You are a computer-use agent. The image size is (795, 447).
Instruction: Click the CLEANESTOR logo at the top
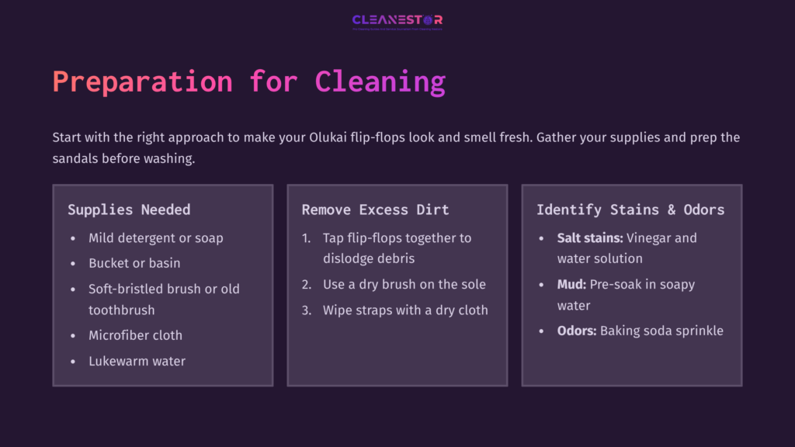[397, 20]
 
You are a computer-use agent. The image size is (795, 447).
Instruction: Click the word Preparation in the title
[142, 81]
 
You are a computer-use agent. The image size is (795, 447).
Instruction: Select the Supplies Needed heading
[129, 210]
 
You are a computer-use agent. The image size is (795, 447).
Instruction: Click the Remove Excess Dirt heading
[375, 210]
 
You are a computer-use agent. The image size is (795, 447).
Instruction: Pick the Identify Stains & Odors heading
[630, 210]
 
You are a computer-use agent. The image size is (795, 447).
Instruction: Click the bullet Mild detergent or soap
[155, 238]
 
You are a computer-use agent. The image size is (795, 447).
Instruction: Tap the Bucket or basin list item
[134, 263]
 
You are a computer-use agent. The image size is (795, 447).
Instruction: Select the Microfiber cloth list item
[135, 335]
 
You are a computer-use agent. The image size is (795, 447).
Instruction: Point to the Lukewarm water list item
[137, 361]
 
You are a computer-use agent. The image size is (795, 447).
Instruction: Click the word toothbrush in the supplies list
[122, 310]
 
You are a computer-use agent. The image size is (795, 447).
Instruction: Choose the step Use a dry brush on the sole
[404, 284]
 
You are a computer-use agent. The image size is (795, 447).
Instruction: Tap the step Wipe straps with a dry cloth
[405, 310]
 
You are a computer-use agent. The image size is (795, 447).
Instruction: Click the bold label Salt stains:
[590, 238]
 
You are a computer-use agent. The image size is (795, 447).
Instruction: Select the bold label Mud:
[571, 284]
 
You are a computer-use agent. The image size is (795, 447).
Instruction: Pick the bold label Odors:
[577, 331]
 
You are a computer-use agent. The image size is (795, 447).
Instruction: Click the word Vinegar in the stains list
[651, 238]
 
